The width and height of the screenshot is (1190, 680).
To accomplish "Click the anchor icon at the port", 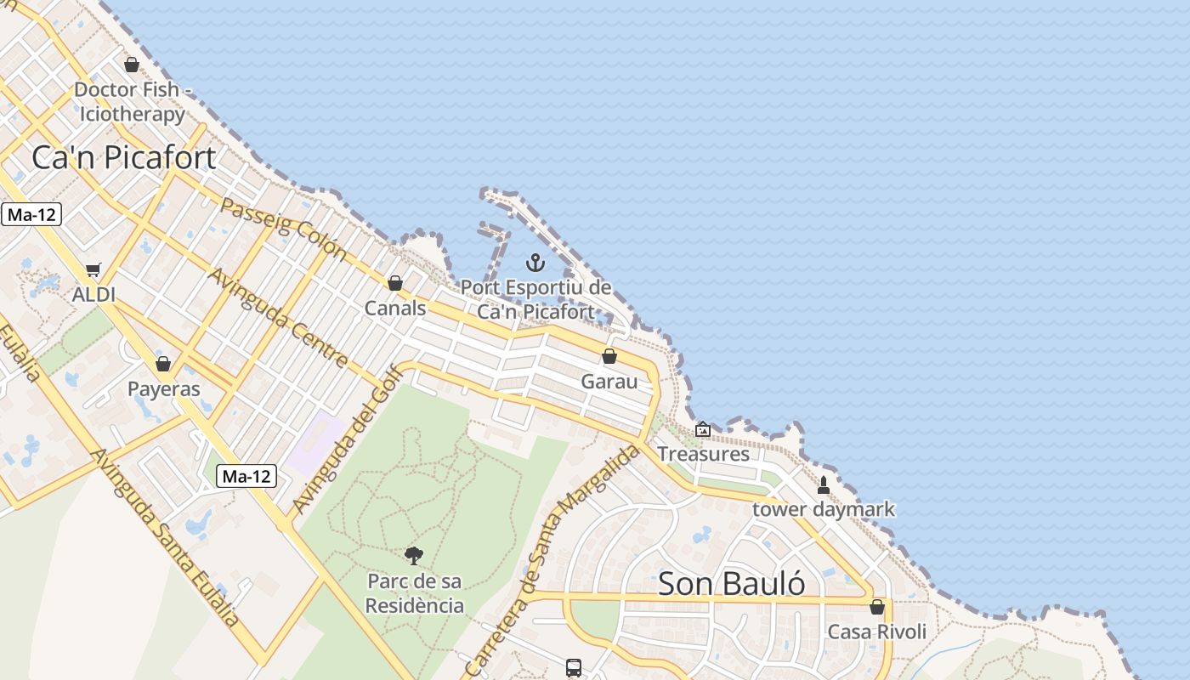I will point(535,262).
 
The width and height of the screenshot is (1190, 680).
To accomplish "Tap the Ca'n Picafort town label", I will point(124,157).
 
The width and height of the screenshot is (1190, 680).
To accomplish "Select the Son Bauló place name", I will point(731,584).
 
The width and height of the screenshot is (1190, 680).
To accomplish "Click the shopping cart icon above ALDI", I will point(93,270).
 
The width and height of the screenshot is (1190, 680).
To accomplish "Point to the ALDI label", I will point(93,294).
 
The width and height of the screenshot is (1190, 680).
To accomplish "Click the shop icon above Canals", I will point(395,283).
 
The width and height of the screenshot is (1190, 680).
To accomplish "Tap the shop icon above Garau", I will point(609,356).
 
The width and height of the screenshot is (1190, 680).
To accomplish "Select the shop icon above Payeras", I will point(163,364).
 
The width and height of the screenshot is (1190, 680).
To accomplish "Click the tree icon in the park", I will point(414,556).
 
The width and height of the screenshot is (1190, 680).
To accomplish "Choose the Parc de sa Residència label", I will point(415,593).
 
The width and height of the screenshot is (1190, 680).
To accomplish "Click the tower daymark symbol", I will point(823,485).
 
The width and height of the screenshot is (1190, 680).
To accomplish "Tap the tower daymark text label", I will point(824,509).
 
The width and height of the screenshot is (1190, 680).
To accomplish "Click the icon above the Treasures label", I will point(703,429).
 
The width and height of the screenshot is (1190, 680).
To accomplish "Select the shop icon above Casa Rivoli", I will point(877,607).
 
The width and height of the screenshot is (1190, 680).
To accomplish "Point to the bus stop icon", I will point(574,668).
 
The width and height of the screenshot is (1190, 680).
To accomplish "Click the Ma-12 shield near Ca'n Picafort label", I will point(31,214).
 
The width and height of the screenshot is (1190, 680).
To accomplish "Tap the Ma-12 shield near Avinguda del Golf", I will point(246,476).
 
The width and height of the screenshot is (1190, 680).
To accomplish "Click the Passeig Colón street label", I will point(284,227).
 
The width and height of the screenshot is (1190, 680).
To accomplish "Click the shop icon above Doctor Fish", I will point(132,65).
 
